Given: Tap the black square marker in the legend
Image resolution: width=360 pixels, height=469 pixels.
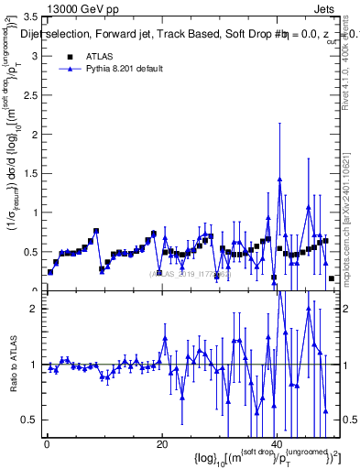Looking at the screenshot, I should pos(69,57).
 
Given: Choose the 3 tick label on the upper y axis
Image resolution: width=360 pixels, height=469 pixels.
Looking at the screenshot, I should pos(33,56).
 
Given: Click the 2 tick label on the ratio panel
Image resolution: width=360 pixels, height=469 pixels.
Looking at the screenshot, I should pos(33,309).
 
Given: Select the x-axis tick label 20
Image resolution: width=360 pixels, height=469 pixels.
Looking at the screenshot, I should pos(161,444).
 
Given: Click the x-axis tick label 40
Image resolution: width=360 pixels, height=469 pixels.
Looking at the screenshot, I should pos(277,444).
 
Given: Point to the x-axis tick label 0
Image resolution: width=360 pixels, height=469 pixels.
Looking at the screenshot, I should pos(46,444).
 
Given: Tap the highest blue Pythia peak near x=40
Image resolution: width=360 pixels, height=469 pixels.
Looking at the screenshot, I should pos(279,179).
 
